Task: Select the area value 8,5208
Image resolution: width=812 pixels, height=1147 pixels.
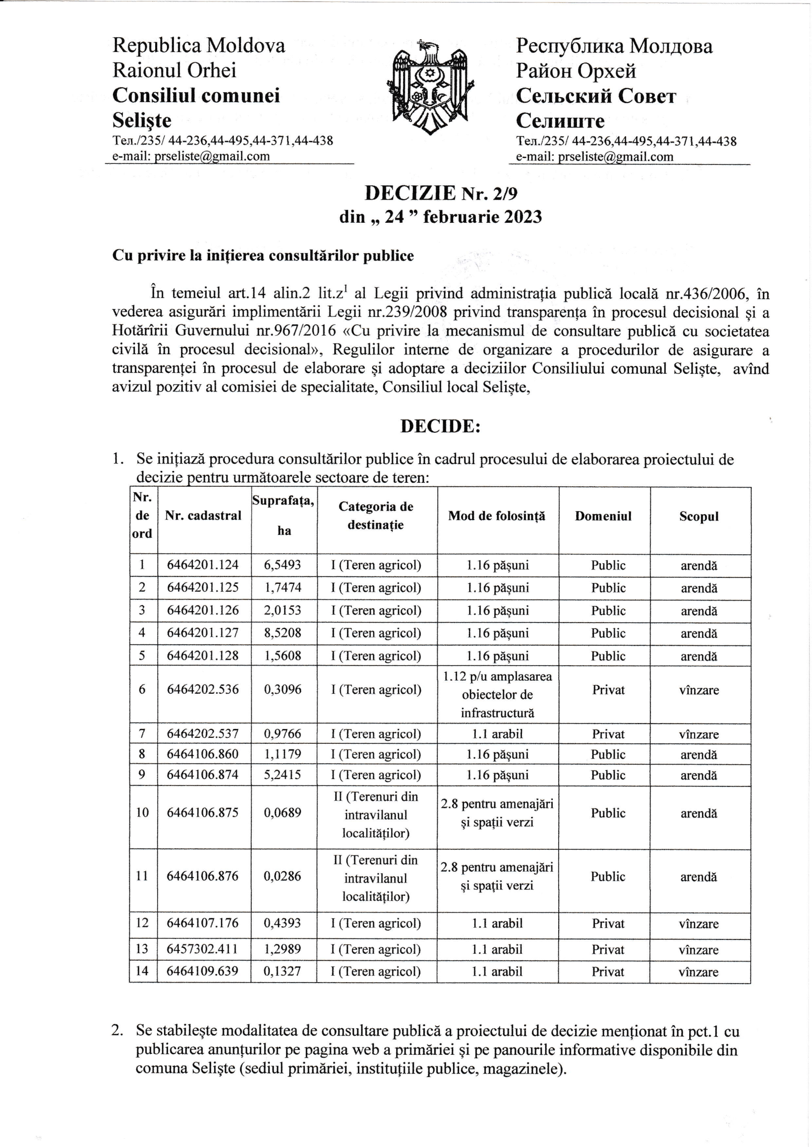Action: click(x=282, y=633)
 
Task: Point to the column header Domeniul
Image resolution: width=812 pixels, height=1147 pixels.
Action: click(x=603, y=516)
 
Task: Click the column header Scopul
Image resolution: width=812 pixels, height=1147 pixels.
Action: click(x=699, y=517)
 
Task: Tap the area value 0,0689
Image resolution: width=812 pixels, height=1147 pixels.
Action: click(x=282, y=813)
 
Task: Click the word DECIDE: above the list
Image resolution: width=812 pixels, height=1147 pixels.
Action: click(x=440, y=426)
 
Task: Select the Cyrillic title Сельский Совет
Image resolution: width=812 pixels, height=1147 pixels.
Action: click(x=596, y=96)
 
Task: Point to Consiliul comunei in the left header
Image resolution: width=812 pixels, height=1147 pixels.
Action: click(x=196, y=95)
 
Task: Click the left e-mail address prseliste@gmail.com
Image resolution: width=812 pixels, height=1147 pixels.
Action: click(x=212, y=156)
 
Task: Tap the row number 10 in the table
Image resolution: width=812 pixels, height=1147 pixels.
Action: click(x=142, y=813)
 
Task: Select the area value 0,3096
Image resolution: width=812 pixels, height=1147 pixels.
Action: click(x=282, y=690)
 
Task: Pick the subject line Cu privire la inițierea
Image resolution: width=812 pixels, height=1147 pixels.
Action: click(x=263, y=256)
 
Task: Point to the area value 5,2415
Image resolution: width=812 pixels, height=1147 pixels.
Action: click(x=282, y=775)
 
